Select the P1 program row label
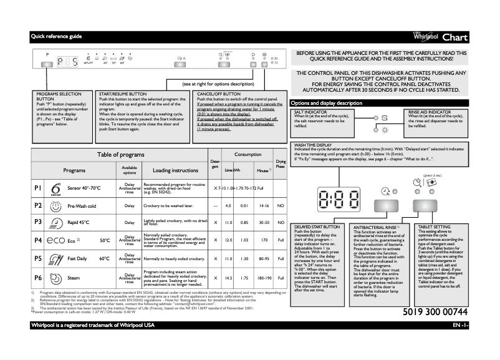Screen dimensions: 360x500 37,188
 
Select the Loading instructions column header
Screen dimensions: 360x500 175,170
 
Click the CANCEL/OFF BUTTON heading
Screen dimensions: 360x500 219,93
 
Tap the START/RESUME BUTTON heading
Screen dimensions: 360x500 123,93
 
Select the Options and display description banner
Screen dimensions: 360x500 327,102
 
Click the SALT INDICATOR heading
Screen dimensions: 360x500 310,112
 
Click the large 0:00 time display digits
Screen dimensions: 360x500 339,201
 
